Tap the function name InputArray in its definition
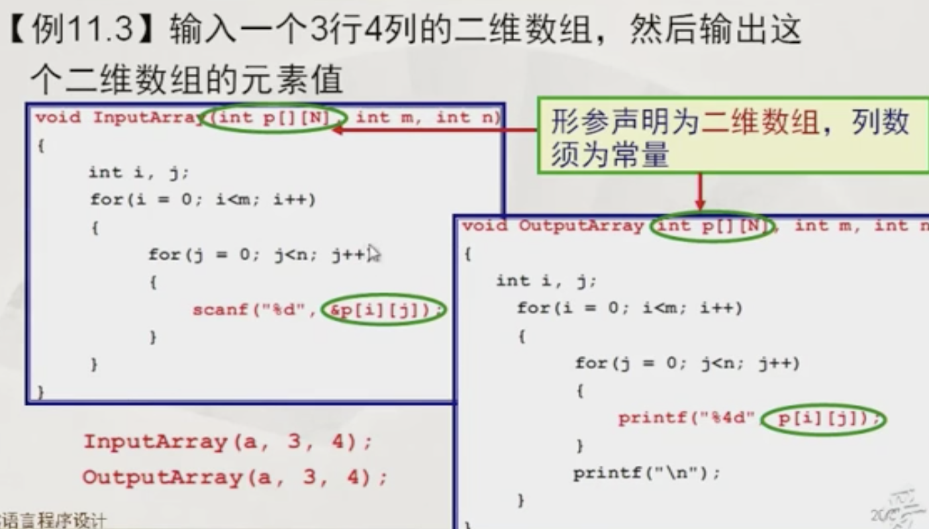click(148, 118)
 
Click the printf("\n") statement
click(646, 473)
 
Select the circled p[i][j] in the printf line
click(824, 420)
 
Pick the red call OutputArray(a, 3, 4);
click(235, 478)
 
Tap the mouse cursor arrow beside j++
click(374, 254)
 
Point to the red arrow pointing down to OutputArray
click(699, 195)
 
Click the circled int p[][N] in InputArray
click(276, 118)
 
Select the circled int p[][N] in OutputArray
click(712, 226)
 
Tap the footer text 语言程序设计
click(54, 521)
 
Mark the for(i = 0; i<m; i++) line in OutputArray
click(630, 309)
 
